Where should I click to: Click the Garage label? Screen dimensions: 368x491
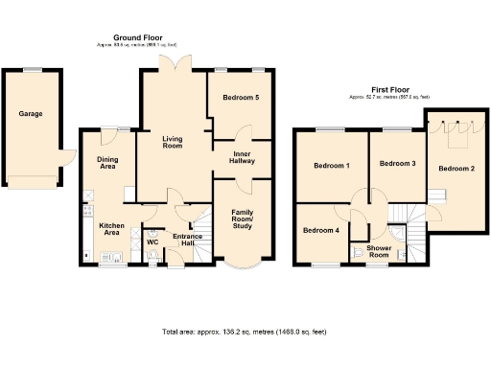(x=30, y=113)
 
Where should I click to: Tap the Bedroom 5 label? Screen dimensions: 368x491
(x=241, y=98)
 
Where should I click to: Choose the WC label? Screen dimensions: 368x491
(x=152, y=241)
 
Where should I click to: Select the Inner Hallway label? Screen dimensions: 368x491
(x=241, y=158)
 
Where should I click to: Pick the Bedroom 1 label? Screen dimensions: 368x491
(x=331, y=167)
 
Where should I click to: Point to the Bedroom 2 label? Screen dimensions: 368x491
(x=456, y=169)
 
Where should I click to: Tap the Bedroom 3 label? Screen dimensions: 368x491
(x=397, y=164)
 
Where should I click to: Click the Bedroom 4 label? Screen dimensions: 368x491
(x=321, y=230)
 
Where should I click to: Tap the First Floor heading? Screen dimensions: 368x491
(x=387, y=90)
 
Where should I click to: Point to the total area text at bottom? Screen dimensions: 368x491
(x=245, y=332)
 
